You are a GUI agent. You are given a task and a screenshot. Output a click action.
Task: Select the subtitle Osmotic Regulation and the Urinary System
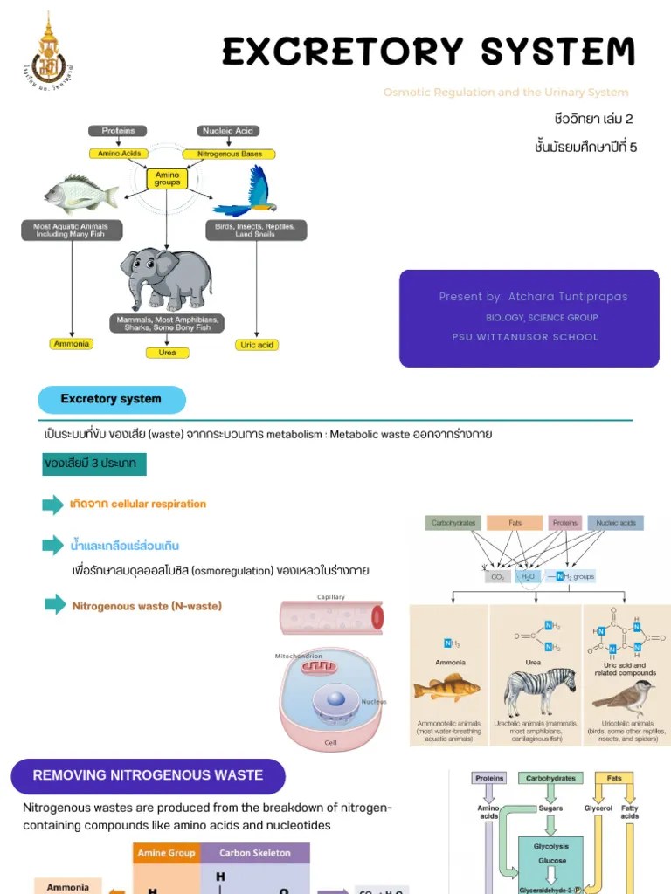coord(505,93)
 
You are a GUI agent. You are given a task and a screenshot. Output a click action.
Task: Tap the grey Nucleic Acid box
coord(228,131)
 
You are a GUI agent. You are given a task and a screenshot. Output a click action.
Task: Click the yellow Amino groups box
coord(167,179)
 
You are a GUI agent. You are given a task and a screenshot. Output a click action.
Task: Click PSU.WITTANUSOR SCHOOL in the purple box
coord(525,337)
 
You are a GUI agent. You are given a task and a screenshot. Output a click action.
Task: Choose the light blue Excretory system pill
coord(112,400)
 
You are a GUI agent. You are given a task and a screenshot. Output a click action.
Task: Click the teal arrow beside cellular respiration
coord(53,505)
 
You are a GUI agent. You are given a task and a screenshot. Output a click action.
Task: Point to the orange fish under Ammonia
coord(446,688)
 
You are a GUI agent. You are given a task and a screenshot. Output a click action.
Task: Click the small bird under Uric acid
coord(623,696)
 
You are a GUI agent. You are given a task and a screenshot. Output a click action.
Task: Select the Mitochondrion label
coord(299,656)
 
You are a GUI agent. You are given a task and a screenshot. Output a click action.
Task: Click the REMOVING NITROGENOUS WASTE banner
coord(148,775)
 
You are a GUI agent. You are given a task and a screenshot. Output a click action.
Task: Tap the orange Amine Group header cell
coord(166,853)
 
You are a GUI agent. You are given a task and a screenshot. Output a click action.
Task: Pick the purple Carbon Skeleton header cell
coord(255,853)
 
